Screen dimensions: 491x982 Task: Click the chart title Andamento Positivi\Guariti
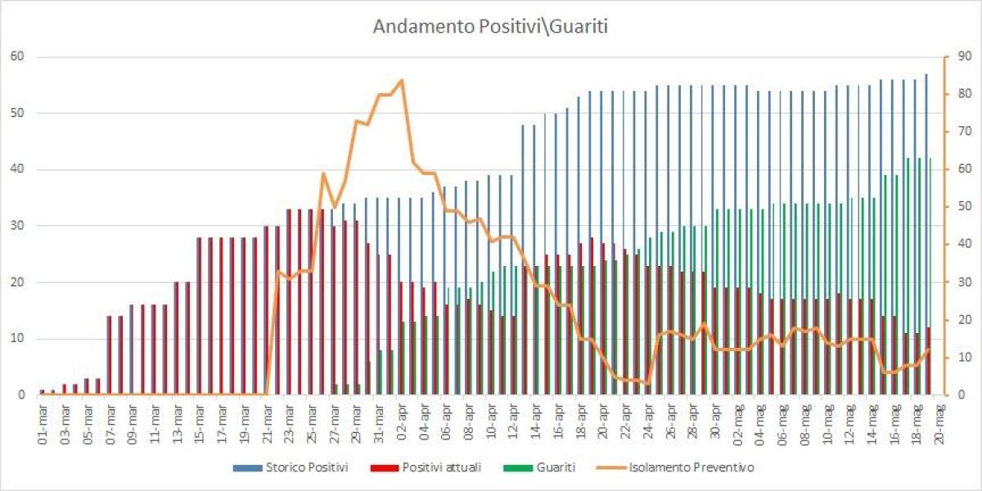click(x=490, y=26)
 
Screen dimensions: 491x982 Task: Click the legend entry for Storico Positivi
click(x=308, y=467)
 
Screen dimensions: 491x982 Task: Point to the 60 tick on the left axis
click(x=16, y=56)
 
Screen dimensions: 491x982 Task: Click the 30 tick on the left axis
click(x=16, y=226)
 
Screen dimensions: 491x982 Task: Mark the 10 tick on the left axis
click(x=16, y=339)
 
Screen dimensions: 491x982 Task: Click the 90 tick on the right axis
click(x=954, y=56)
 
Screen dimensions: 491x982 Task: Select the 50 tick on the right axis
click(x=954, y=207)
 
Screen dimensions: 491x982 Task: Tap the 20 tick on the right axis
click(x=954, y=320)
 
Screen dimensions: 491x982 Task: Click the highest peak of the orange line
click(x=401, y=79)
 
